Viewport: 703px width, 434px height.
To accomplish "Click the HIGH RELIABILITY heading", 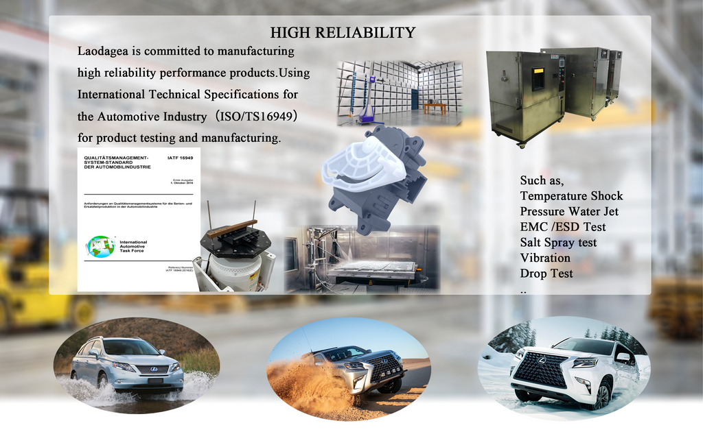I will (343, 33).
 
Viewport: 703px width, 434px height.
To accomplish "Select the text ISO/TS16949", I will (256, 117).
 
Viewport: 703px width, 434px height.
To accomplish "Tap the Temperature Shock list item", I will (571, 196).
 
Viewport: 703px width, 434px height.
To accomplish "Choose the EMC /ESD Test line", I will (563, 227).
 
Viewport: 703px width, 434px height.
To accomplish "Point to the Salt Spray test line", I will (558, 243).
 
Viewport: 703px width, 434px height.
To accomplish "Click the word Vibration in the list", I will (545, 258).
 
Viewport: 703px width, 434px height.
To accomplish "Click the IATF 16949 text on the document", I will (180, 158).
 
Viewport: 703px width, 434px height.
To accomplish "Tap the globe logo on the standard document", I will (100, 245).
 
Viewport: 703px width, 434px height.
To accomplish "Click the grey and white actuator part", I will (374, 175).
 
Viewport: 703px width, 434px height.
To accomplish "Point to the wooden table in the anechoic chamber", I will (434, 107).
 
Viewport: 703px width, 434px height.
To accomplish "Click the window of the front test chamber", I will (538, 79).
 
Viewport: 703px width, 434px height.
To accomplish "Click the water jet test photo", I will (362, 259).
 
